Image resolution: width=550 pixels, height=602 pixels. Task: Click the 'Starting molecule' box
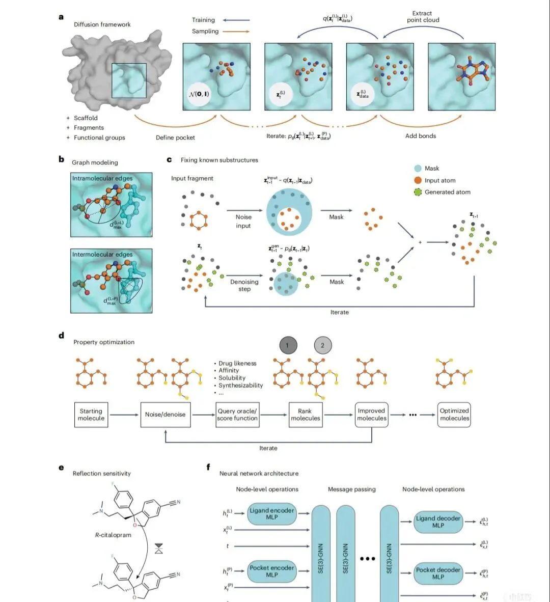coord(91,415)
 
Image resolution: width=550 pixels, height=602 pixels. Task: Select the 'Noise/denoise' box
coord(165,415)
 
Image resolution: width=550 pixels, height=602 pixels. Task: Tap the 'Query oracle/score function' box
coord(237,415)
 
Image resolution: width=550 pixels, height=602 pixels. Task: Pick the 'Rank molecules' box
coord(305,415)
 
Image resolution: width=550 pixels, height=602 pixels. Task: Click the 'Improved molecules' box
coord(371,415)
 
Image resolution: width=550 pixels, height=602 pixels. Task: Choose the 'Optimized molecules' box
coord(454,415)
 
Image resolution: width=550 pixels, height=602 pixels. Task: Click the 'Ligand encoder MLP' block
coord(272,514)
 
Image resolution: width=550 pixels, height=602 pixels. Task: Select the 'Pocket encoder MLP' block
coord(272,571)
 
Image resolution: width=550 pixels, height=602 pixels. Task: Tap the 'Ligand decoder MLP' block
coord(438,522)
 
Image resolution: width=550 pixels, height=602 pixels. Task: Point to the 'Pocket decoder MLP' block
coord(438,573)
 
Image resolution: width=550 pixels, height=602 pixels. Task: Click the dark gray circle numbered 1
coord(287,345)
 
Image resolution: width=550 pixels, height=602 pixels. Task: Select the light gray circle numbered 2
coord(322,345)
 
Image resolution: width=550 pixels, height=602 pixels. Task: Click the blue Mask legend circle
coord(418,169)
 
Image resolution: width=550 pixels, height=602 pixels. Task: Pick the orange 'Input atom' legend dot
coord(418,180)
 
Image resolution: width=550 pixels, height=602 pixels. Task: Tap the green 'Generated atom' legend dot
coord(418,192)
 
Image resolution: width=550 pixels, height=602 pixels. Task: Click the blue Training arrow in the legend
coord(236,20)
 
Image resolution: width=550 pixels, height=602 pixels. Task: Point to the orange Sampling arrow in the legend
coord(236,32)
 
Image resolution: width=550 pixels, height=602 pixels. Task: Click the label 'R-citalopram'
coord(113,535)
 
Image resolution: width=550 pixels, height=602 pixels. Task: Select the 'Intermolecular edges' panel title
coord(102,255)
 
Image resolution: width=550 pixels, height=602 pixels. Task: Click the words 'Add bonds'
coord(421,136)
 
